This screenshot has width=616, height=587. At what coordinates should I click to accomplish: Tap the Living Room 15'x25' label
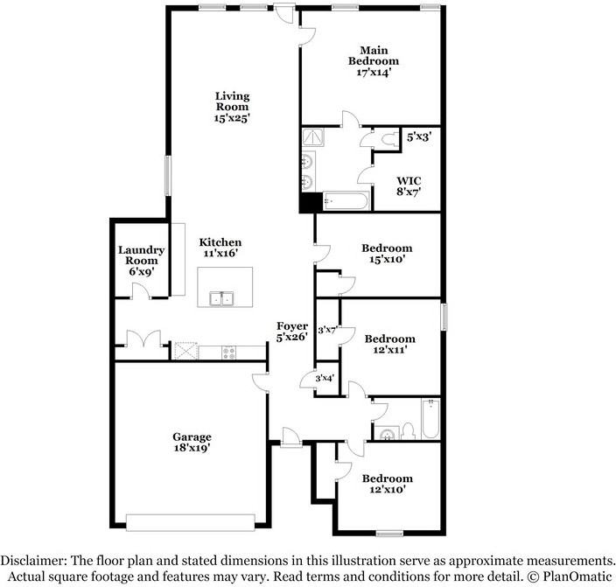[x=234, y=107]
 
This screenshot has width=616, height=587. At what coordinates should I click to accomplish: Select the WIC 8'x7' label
[x=408, y=186]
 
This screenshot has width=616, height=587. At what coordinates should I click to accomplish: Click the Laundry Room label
[x=140, y=261]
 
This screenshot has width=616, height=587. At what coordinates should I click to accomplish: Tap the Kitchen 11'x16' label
[x=220, y=248]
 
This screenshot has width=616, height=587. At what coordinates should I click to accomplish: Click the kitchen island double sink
[x=221, y=299]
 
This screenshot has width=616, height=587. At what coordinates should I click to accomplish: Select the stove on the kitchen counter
[x=227, y=353]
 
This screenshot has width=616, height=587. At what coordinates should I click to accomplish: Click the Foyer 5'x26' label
[x=291, y=331]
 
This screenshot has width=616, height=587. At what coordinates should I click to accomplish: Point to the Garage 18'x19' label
[x=191, y=442]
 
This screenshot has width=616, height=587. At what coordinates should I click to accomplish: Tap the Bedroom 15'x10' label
[x=387, y=254]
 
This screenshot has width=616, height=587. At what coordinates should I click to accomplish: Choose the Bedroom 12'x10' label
[x=387, y=484]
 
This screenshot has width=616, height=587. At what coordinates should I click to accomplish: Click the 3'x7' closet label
[x=327, y=330]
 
